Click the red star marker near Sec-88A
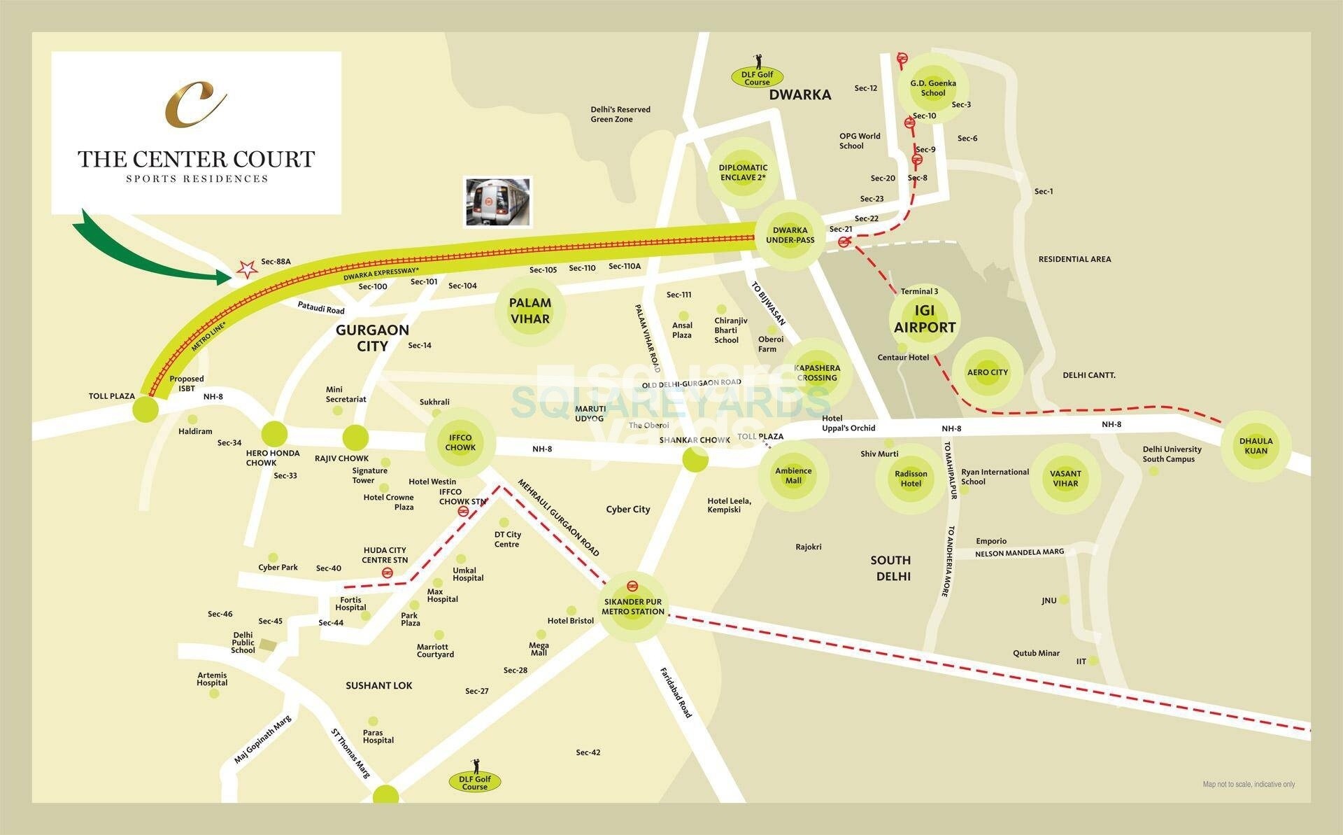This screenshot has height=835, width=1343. pos(246,269)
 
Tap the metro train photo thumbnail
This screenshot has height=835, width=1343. pos(498,202)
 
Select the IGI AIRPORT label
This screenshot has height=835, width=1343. pos(925,319)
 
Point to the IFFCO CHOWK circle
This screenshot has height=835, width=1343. pos(460,443)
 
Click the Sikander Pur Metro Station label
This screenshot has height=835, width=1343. pos(633,606)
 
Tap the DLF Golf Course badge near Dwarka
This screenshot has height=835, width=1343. pos(757,78)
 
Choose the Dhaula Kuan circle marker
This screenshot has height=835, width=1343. pos(1256,446)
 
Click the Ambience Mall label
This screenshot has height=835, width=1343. pos(793,476)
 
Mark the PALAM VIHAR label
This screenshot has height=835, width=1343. pos(530,311)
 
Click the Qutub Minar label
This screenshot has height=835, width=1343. pos(1036,653)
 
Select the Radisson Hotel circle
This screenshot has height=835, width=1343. pos(911,479)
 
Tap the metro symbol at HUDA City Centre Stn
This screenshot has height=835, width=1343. pos(387,573)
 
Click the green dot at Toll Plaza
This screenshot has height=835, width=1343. pos(145,409)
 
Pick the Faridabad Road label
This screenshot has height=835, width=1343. pos(676,692)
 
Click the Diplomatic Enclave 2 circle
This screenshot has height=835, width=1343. pos(743,172)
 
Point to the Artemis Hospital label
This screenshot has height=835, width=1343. pos(212,679)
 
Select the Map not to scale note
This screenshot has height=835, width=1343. pos(1249,784)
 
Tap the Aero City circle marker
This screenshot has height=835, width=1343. pos(988,372)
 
